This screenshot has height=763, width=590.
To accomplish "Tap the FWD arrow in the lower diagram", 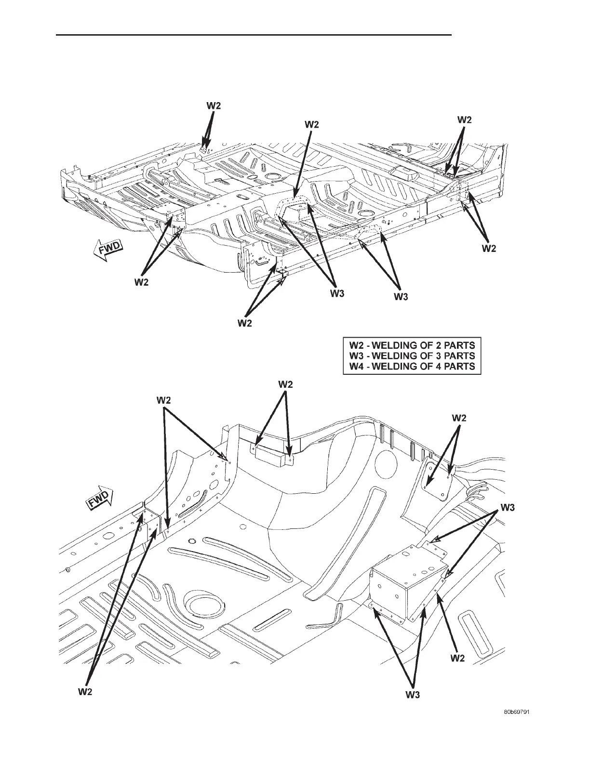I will pos(99,497).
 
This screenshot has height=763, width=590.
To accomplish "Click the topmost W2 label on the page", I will pos(214,105).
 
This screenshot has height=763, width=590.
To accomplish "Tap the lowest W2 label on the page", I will pos(85,692).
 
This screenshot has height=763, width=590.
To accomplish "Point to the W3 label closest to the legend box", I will pos(401,297).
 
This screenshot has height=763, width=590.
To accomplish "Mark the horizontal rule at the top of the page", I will pos(255,35).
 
